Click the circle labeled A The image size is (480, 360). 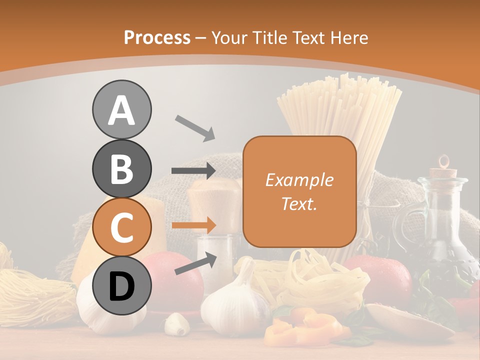pos(121,109)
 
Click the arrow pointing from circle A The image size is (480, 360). pos(194,127)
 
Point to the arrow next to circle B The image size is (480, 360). pos(193,171)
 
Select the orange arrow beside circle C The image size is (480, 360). pos(193,225)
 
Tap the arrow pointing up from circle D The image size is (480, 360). pos(195,263)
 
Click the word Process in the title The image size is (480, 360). pos(157,37)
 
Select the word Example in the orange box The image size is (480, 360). pos(299,180)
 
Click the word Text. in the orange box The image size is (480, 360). pos(299,204)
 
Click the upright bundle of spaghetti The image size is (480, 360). pos(340,115)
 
